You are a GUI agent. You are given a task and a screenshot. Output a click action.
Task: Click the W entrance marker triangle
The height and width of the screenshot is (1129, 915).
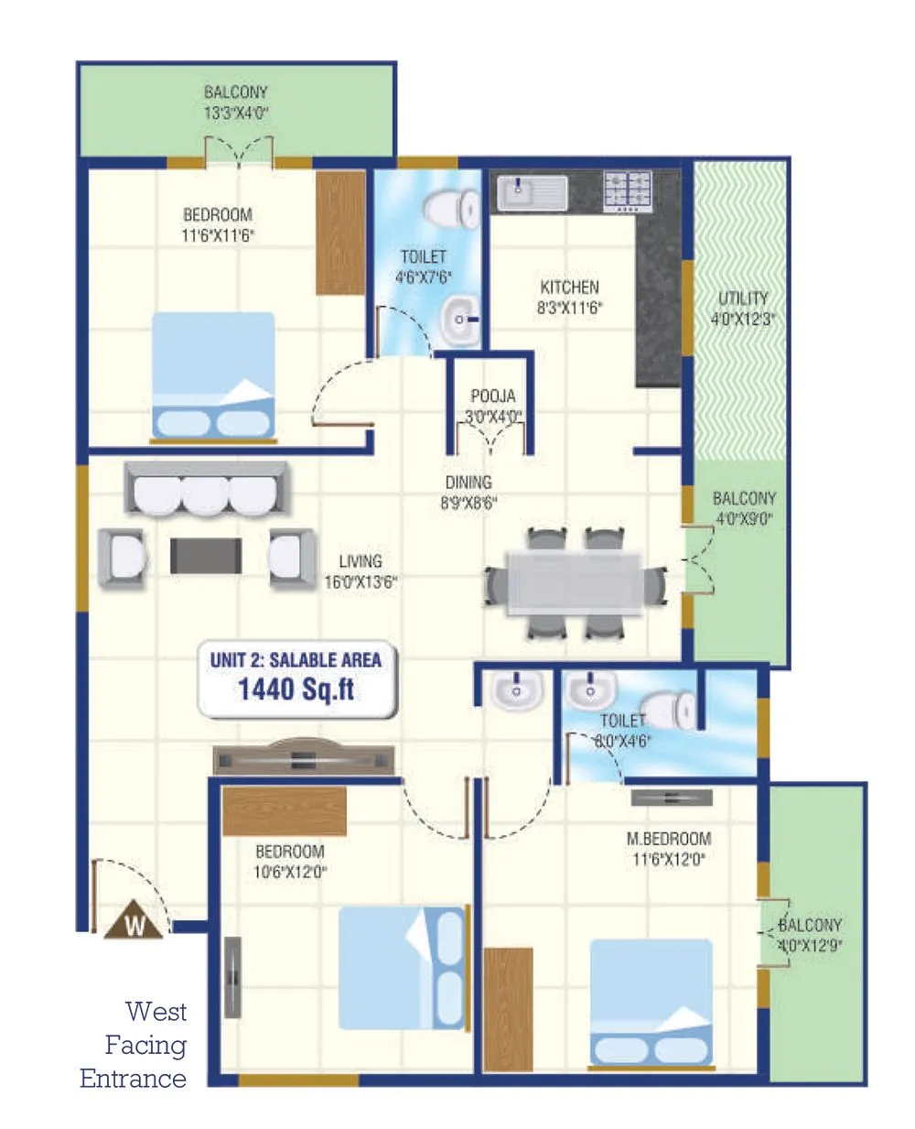pyautogui.click(x=135, y=922)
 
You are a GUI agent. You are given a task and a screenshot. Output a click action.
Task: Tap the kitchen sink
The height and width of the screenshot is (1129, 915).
pyautogui.click(x=532, y=193)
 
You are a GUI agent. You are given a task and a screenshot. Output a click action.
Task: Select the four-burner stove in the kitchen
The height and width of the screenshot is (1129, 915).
pyautogui.click(x=628, y=191)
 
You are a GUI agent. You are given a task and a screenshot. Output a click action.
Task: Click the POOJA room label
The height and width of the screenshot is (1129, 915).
pyautogui.click(x=492, y=396)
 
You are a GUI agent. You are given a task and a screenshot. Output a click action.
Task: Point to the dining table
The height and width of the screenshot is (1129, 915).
pyautogui.click(x=575, y=582)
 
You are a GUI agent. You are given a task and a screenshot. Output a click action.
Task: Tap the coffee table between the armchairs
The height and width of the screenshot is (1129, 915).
pyautogui.click(x=206, y=556)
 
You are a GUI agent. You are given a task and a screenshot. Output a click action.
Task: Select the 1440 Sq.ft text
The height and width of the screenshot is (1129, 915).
pyautogui.click(x=296, y=689)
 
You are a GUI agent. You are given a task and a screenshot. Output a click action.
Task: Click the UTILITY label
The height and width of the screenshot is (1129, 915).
pyautogui.click(x=742, y=299)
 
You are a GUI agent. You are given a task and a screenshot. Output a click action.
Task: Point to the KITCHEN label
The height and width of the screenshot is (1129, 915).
pyautogui.click(x=569, y=288)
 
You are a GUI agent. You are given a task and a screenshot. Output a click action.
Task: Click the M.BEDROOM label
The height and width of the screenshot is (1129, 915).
pyautogui.click(x=668, y=839)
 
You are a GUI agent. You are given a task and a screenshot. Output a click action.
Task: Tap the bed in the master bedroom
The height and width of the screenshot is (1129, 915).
pyautogui.click(x=651, y=1002)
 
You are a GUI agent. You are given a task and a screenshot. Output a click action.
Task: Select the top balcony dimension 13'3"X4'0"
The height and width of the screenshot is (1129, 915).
pyautogui.click(x=236, y=114)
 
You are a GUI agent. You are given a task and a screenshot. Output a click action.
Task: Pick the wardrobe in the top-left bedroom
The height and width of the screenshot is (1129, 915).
pyautogui.click(x=340, y=233)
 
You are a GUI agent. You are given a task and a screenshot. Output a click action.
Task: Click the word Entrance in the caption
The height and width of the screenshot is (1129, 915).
pyautogui.click(x=133, y=1078)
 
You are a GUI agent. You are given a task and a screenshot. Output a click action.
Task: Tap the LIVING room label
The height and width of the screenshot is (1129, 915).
pyautogui.click(x=361, y=561)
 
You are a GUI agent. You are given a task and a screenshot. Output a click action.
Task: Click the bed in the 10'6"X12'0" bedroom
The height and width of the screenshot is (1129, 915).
pyautogui.click(x=402, y=968)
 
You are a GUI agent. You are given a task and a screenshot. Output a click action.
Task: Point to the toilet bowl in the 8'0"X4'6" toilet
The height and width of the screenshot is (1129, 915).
pyautogui.click(x=681, y=709)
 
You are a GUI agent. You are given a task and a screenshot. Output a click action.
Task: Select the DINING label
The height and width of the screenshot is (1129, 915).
pyautogui.click(x=468, y=483)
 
